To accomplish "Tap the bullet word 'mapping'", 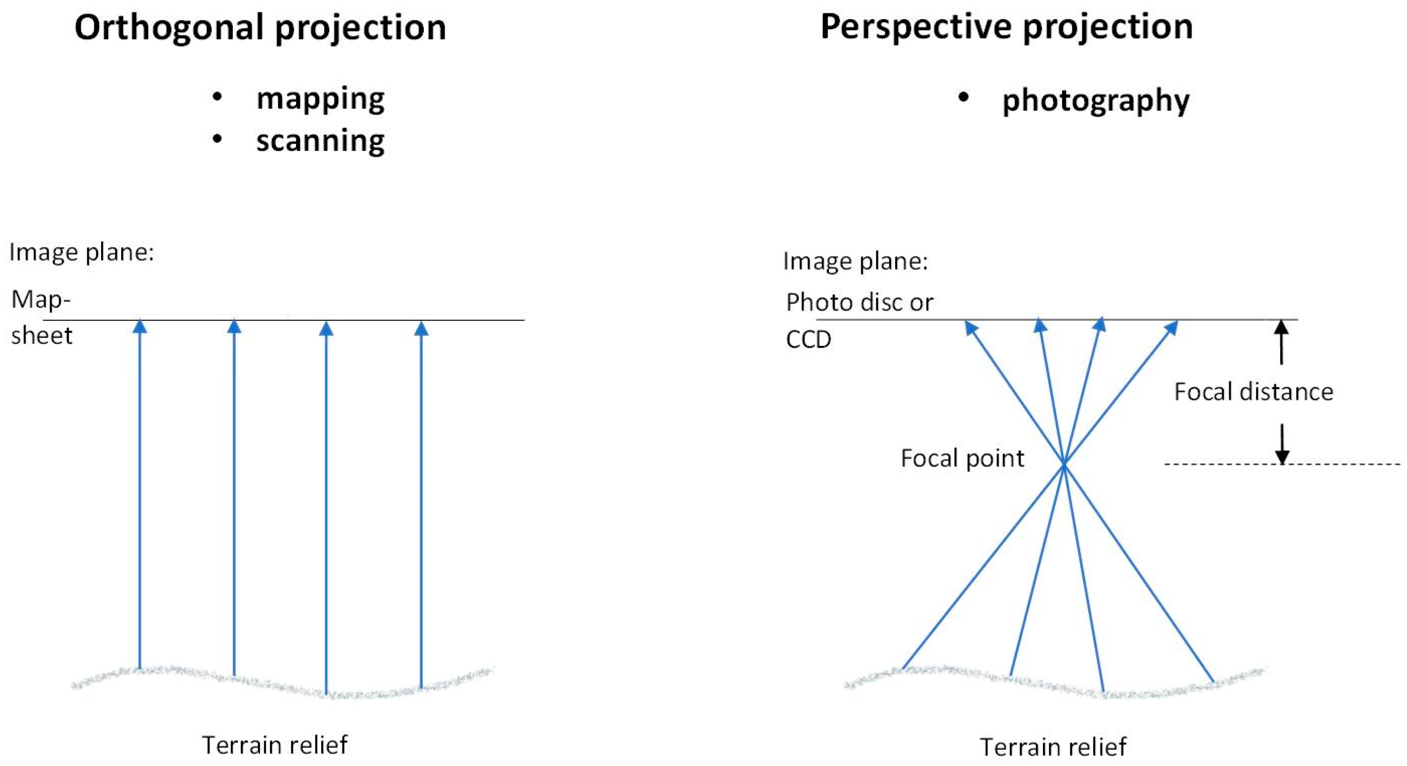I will tap(320, 99).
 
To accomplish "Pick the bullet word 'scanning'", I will tap(320, 141).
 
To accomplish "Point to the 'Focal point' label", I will tap(962, 458).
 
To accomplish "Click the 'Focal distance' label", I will tap(1254, 392).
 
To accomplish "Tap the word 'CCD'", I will tap(808, 340).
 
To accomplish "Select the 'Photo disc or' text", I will tap(859, 302).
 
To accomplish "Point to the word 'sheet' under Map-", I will tap(41, 335).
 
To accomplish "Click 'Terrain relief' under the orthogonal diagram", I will tap(275, 745).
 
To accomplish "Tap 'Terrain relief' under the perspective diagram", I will tap(1053, 747).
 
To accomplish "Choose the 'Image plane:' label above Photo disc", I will tap(855, 261).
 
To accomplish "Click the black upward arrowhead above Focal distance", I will tap(1281, 327).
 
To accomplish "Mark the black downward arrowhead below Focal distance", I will tap(1282, 457).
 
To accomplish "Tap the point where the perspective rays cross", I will tap(1064, 464).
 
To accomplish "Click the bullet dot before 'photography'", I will tap(964, 98).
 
